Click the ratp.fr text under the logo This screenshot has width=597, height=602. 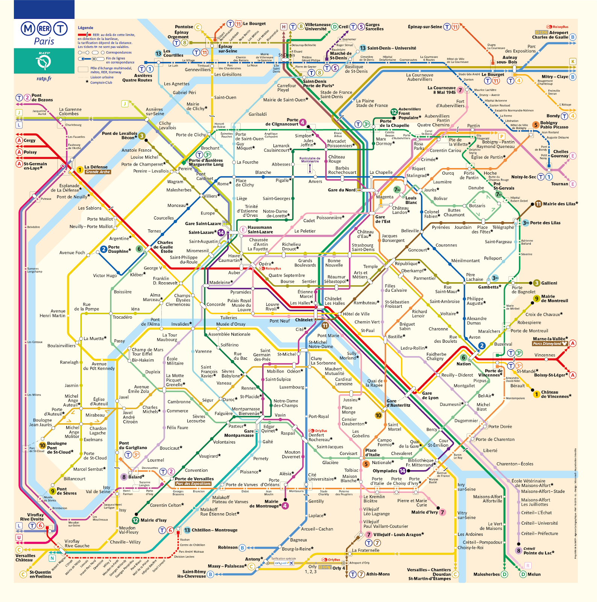(x=44, y=79)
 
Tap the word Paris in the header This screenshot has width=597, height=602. (x=44, y=41)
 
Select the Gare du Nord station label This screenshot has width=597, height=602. (x=341, y=190)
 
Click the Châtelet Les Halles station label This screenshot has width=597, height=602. (x=334, y=301)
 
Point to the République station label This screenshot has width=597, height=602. (x=407, y=263)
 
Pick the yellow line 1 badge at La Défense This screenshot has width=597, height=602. (x=80, y=170)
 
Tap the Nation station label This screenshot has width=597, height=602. (x=463, y=364)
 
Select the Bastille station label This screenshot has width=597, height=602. (x=395, y=337)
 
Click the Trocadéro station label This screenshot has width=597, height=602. (x=122, y=317)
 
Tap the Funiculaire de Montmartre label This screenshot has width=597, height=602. (x=310, y=160)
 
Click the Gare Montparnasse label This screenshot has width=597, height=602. (x=239, y=433)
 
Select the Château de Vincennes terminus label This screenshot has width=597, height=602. (x=555, y=394)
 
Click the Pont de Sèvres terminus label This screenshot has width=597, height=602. (x=67, y=491)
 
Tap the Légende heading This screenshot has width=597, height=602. (x=85, y=27)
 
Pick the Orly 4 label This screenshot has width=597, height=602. (x=339, y=568)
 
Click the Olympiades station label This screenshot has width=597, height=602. (x=384, y=471)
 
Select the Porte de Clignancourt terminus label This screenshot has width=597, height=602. (x=282, y=122)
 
